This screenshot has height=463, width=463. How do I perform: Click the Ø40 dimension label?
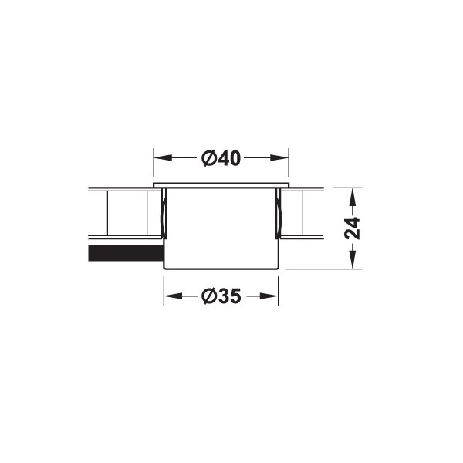click(x=221, y=158)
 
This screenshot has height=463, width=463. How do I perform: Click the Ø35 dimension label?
click(x=221, y=296)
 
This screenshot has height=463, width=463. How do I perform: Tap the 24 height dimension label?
click(x=353, y=228)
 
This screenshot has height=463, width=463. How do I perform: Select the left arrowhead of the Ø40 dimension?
click(x=163, y=157)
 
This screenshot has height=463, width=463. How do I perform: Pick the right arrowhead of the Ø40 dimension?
click(x=279, y=157)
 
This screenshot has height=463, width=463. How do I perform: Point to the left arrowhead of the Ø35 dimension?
click(x=173, y=296)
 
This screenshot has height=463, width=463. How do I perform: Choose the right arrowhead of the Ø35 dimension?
click(x=269, y=296)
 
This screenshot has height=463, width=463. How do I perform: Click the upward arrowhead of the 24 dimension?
click(x=353, y=198)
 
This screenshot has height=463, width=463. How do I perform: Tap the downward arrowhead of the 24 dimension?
click(x=353, y=259)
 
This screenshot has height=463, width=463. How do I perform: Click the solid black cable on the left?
click(x=126, y=253)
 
